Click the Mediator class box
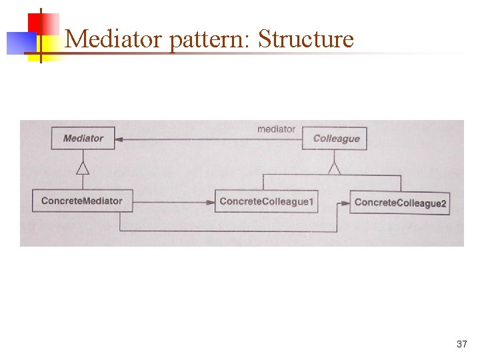(x=83, y=139)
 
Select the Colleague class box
(x=335, y=139)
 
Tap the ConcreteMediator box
(x=82, y=201)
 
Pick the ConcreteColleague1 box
(x=266, y=201)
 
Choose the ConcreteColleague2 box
(x=400, y=202)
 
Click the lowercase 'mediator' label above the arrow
(x=276, y=129)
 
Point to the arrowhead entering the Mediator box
(x=119, y=139)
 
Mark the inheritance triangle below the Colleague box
(x=334, y=167)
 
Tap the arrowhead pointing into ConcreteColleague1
(x=210, y=201)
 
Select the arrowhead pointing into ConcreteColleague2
(x=345, y=201)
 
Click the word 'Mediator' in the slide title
(x=114, y=39)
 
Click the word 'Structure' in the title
(x=305, y=39)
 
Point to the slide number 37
(x=461, y=344)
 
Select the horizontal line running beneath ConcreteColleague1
(x=227, y=231)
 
